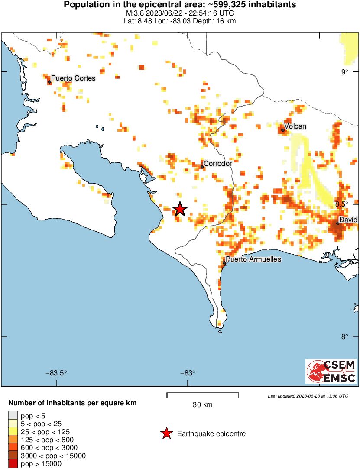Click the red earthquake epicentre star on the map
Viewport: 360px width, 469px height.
click(180, 209)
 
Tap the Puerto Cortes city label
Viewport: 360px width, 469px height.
click(73, 78)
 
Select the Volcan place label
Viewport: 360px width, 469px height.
click(295, 126)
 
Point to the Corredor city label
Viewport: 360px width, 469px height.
click(217, 163)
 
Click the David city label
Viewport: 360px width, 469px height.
click(348, 220)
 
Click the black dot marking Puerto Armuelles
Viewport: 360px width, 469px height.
click(224, 263)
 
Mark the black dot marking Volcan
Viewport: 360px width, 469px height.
click(282, 130)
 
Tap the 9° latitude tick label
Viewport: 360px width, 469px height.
click(344, 72)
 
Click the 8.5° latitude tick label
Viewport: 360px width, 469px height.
click(346, 204)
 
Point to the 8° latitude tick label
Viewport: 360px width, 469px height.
click(344, 336)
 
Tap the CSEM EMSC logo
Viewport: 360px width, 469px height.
click(331, 371)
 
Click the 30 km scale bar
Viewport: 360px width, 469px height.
click(203, 394)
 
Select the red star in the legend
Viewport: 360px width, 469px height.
click(166, 433)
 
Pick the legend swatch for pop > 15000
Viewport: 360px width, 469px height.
click(13, 464)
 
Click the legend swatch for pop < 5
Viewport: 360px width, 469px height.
click(13, 416)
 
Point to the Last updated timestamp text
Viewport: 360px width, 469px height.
click(308, 396)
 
